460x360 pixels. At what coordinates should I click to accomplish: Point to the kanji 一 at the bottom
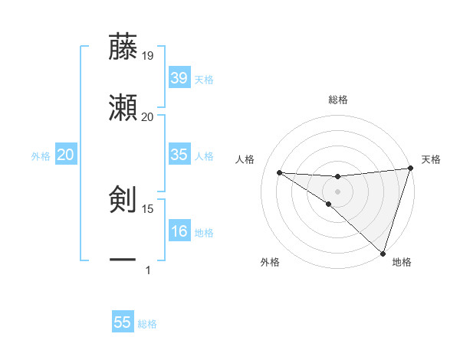pos(123,261)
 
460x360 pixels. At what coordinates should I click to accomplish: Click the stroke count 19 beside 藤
pos(148,55)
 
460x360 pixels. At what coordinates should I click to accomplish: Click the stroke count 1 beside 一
pos(148,270)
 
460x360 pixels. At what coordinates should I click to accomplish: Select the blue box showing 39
pos(179,78)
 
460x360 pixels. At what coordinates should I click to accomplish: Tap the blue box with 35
pos(179,155)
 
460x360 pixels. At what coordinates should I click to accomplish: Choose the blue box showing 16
pos(179,231)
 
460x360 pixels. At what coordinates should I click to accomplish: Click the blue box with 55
pos(123,322)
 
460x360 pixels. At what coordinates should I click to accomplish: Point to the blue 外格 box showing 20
pos(65,155)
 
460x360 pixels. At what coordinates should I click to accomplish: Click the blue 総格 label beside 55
pos(147,324)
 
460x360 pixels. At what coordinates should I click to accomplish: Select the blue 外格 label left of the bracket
pos(41,156)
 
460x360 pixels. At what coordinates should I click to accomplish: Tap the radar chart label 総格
pos(338,100)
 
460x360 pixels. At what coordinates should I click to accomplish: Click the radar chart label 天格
pos(431,159)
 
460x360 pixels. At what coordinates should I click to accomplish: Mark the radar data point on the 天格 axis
pos(410,169)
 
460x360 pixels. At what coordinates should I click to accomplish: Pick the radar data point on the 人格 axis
pos(279,172)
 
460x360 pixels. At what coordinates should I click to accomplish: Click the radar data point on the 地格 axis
pos(383,254)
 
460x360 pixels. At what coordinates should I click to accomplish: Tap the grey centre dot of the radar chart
pos(337,191)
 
